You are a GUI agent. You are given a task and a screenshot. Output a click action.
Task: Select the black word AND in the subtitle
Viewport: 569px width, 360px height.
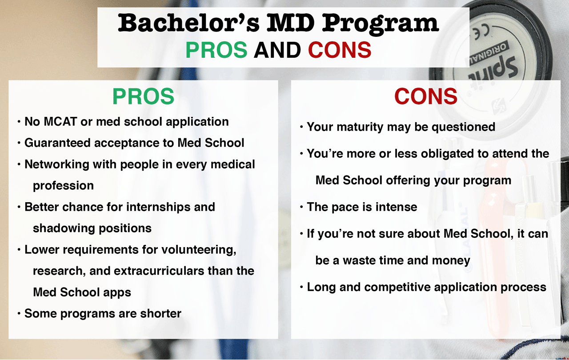(x=277, y=50)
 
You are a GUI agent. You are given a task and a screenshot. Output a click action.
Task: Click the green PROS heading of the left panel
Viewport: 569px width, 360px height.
(x=143, y=96)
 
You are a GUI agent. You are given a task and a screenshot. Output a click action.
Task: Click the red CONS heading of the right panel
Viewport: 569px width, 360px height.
(x=426, y=96)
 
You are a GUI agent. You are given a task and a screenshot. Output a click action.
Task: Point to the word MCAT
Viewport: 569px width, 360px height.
(x=60, y=122)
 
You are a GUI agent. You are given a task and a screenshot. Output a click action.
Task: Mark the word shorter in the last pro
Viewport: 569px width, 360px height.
(x=161, y=313)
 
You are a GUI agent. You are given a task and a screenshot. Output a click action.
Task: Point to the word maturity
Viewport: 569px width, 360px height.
(x=360, y=127)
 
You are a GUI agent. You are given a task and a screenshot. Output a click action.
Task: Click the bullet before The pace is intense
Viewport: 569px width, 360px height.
(x=301, y=207)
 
